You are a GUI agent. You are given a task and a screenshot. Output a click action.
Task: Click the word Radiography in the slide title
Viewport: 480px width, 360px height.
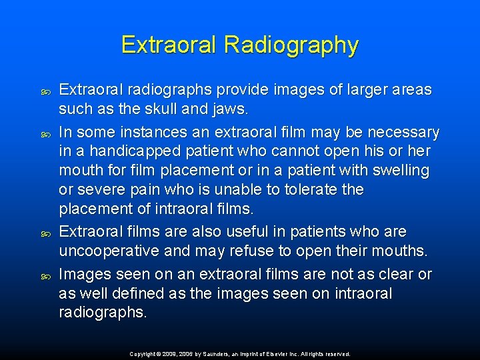coord(291,45)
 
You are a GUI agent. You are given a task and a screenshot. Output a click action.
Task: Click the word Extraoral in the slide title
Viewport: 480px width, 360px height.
coord(170,45)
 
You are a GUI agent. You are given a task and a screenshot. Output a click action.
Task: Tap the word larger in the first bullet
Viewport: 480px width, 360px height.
coord(355,89)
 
